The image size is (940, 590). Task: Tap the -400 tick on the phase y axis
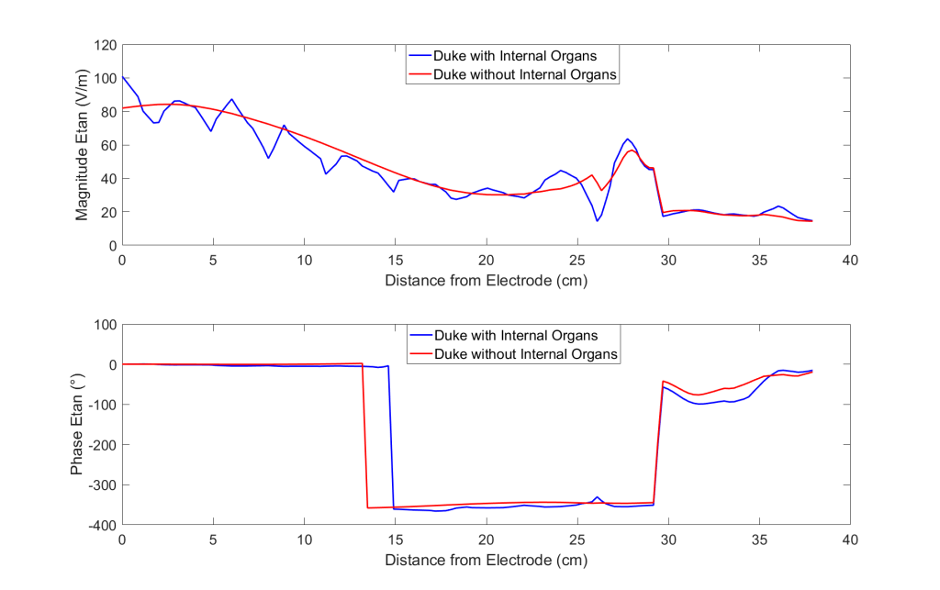(x=101, y=525)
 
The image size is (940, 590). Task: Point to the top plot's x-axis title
(x=486, y=280)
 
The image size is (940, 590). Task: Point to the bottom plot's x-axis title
(x=486, y=559)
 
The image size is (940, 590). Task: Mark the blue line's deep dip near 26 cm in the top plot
(x=597, y=220)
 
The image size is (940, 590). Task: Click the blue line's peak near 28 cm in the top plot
(x=628, y=139)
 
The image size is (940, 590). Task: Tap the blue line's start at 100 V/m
(x=123, y=77)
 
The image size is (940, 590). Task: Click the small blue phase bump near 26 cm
(x=597, y=497)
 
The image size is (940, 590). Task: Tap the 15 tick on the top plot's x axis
(x=395, y=260)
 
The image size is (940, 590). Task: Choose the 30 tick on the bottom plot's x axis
(x=668, y=540)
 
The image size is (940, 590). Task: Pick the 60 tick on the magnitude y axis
(x=106, y=145)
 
